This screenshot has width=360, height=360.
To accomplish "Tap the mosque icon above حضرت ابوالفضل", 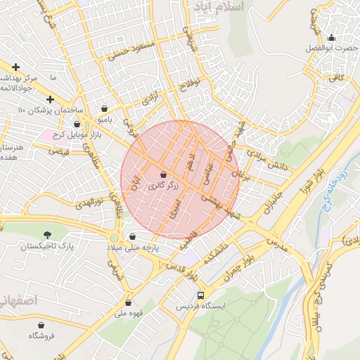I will point(331,37).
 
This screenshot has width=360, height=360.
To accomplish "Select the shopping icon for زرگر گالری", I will point(163,174).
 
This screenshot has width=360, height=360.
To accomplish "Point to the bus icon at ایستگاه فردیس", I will point(202,295).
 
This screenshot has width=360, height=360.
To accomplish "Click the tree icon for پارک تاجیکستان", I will point(47,234).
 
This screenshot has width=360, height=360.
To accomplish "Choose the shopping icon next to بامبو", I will point(105,108).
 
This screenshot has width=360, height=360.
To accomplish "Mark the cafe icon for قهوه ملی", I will point(131,302).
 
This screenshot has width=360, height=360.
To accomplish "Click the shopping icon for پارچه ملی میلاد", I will point(133,236).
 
